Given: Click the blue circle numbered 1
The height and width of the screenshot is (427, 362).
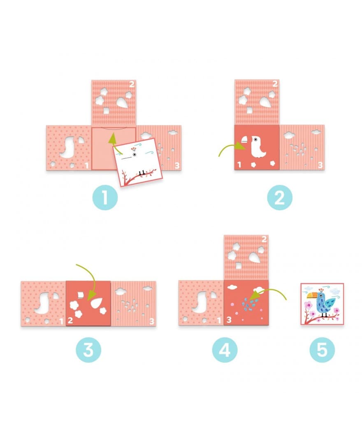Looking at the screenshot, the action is tap(105, 197).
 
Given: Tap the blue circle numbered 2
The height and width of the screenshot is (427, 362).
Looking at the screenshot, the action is tap(280, 197).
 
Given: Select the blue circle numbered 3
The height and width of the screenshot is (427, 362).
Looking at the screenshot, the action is tap(88, 350).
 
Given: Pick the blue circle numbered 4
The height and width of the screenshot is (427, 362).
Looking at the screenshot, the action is tap(225, 350).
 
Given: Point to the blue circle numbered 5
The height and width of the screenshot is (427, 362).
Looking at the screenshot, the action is tap(322, 350).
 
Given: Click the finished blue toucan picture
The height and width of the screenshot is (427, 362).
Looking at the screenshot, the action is tap(322, 304).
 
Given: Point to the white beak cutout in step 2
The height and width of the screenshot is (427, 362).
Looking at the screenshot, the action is tap(244, 140).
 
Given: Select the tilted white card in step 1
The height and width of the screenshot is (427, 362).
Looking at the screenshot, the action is tap(138, 162).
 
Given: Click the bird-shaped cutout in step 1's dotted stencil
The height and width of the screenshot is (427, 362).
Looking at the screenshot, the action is tap(67, 148).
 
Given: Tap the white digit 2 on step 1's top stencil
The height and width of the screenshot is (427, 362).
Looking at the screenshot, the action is tap(132, 84).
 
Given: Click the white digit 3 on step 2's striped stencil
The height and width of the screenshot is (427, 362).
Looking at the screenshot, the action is tap(320, 165).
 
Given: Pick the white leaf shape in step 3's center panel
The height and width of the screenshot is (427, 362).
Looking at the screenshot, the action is tap(97, 303).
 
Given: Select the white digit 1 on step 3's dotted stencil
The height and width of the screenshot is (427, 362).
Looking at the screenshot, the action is tap(62, 321).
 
